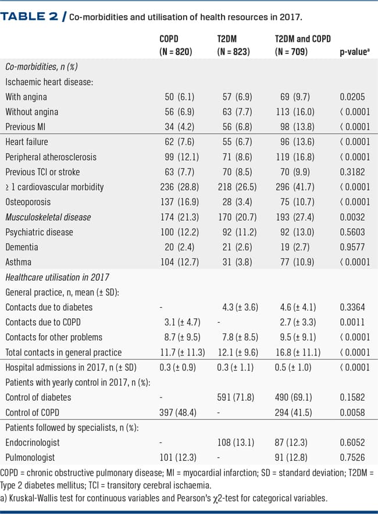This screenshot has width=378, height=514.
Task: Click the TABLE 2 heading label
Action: (x=29, y=16)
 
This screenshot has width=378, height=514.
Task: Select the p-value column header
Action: (x=355, y=52)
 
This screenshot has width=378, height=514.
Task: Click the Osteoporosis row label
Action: (x=28, y=202)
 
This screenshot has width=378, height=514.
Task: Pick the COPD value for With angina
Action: (x=180, y=97)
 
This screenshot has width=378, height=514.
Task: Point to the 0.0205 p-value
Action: (x=352, y=97)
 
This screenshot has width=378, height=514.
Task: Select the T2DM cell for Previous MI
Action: (x=237, y=127)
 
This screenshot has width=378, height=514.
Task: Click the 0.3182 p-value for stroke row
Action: (x=352, y=172)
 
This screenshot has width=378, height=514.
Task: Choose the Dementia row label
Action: (x=22, y=247)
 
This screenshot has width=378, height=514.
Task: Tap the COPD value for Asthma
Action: (x=180, y=263)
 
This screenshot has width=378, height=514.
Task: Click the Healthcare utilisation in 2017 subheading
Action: (x=57, y=277)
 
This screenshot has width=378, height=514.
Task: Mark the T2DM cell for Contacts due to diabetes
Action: (x=240, y=307)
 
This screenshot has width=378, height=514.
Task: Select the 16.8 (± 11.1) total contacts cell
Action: (x=298, y=353)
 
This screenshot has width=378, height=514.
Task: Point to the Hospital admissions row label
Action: (x=71, y=368)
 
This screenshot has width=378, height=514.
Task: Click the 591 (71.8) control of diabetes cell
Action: (x=236, y=397)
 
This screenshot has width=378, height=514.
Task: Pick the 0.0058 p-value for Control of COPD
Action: (x=352, y=412)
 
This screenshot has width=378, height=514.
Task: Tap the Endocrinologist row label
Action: (x=33, y=443)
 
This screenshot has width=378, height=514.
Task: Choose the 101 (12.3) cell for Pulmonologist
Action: (x=178, y=457)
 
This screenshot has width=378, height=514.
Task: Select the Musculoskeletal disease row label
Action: (x=48, y=217)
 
